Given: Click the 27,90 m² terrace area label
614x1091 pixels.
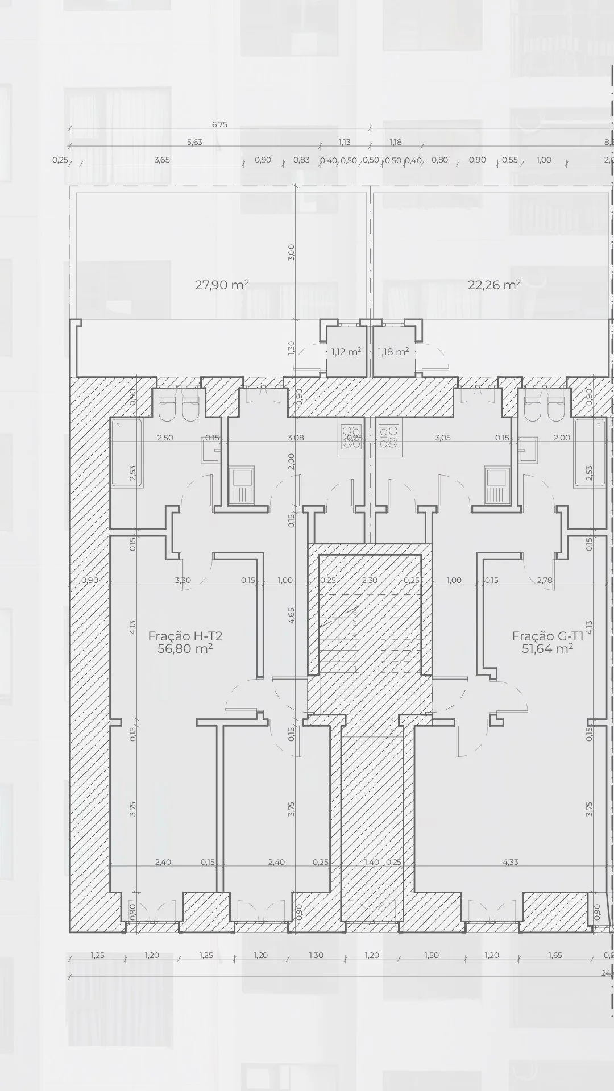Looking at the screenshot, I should click(222, 285).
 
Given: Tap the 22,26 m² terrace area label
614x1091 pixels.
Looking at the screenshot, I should click(494, 285).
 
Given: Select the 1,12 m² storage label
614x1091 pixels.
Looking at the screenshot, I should click(346, 352).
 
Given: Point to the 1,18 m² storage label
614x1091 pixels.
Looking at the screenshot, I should click(393, 352).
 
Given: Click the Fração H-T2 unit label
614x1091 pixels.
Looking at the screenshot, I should click(185, 636).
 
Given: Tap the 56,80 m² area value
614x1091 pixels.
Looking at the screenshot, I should click(185, 648).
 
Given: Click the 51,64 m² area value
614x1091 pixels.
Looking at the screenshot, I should click(547, 648).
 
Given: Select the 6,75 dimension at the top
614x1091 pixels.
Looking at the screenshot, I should click(219, 124).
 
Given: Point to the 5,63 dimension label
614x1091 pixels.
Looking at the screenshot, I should click(194, 142).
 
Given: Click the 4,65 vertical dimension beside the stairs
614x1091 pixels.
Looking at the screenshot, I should click(291, 615).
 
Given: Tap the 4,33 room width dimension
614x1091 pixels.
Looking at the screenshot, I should click(510, 862).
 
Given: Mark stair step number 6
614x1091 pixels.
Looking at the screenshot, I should click(355, 613).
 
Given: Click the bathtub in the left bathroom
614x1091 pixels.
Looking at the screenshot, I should click(126, 452).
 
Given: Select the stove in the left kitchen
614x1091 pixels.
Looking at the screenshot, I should click(350, 437).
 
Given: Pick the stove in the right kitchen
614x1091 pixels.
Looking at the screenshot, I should click(389, 437).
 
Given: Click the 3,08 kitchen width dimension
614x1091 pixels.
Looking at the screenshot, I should click(296, 438).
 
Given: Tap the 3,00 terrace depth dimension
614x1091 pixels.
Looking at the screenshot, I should click(291, 252).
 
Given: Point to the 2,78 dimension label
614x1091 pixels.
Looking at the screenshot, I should click(545, 580).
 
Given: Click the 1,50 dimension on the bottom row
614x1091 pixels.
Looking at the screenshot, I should click(432, 955).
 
